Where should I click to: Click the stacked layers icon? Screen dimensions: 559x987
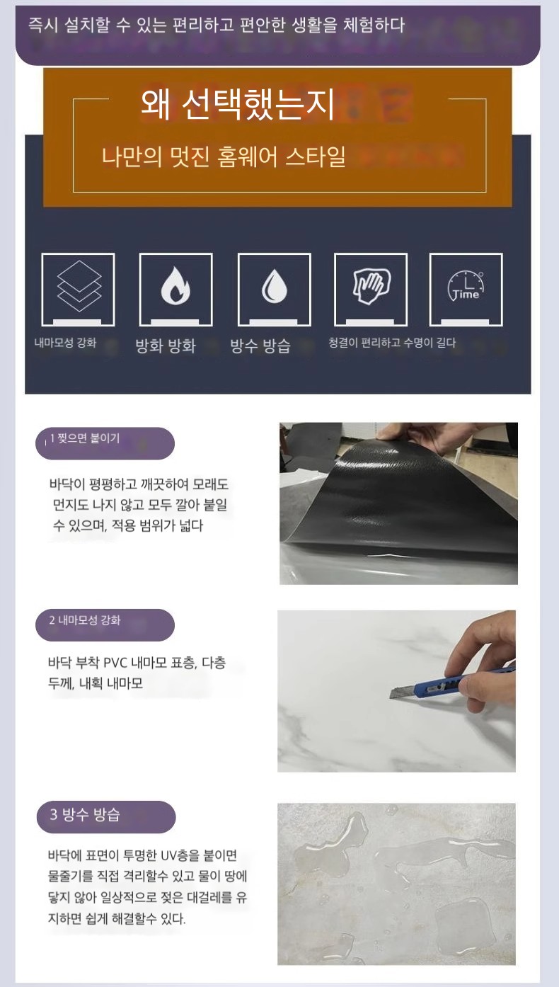pos(79,286)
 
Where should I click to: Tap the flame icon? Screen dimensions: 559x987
pos(175,285)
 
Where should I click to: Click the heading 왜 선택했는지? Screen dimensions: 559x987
pos(238,105)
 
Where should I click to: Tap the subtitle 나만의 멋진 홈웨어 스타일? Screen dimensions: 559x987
pos(224,157)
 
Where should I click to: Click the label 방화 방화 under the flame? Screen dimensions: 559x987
pos(166,346)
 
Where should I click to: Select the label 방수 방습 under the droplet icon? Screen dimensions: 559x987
pos(261,346)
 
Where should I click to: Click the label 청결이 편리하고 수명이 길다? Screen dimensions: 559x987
pos(392,343)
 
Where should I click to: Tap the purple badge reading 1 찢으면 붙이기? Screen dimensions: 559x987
pos(105,443)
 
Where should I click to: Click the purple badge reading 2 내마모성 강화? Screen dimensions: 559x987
pos(105,624)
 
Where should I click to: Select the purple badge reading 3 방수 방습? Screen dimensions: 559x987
pos(105,817)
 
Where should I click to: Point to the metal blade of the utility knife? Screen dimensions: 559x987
pos(402,692)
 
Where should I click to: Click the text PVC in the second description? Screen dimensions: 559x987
pos(115,663)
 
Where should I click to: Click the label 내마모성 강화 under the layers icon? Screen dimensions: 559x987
pos(65,343)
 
